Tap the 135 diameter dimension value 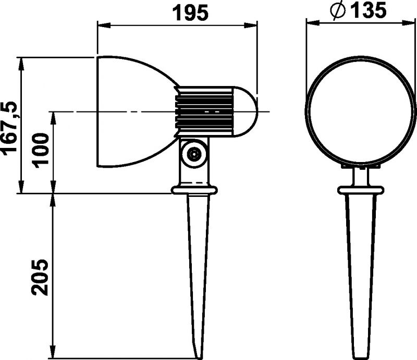368,10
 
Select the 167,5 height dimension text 9,128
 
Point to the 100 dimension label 41,151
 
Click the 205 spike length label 41,277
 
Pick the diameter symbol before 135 338,11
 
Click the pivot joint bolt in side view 193,154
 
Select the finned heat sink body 204,111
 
